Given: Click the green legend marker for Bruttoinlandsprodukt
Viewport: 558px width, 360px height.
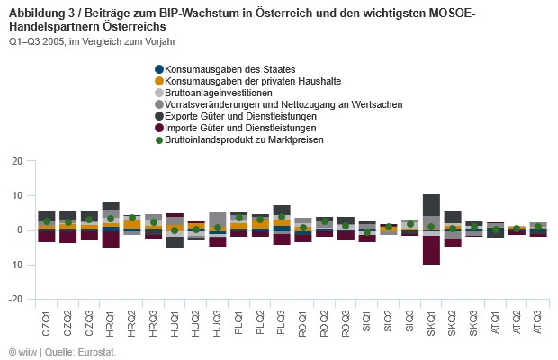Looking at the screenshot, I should [x=159, y=139].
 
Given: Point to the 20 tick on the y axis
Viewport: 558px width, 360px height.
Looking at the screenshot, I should [x=16, y=162].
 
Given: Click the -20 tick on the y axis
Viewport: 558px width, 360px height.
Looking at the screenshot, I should [x=14, y=299].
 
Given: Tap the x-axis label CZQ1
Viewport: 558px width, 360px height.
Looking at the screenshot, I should [x=47, y=321].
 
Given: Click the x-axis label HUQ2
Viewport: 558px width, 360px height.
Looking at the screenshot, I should [x=196, y=321].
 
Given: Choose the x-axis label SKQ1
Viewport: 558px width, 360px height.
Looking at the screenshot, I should [x=430, y=321].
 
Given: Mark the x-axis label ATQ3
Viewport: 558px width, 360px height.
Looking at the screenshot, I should [x=537, y=321].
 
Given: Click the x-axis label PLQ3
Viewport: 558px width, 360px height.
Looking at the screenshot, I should [x=282, y=321].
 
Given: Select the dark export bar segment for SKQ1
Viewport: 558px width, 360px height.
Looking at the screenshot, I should [x=431, y=204].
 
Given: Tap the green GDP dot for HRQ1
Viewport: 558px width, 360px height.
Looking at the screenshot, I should [x=111, y=219].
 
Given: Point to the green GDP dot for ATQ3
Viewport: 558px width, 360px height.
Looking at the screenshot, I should [x=537, y=228].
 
